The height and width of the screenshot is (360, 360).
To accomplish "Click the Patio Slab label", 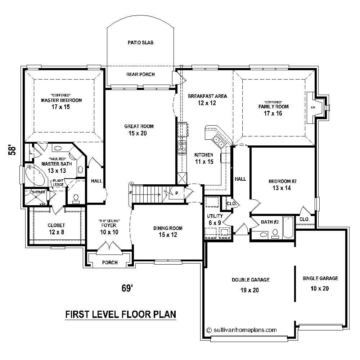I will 140,42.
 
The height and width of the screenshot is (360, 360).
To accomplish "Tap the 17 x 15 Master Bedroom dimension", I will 61,107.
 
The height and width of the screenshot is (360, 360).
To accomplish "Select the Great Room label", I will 139,126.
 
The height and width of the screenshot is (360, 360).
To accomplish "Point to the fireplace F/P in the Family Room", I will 312,107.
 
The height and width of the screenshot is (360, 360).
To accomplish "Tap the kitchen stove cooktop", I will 182,146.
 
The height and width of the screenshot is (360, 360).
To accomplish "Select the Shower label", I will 39,192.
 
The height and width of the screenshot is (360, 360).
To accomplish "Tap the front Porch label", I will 110,262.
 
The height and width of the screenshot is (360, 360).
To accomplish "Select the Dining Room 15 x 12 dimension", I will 168,235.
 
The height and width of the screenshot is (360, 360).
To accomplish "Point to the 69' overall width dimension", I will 126,288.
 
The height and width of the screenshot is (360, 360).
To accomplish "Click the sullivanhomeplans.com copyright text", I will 242,329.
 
